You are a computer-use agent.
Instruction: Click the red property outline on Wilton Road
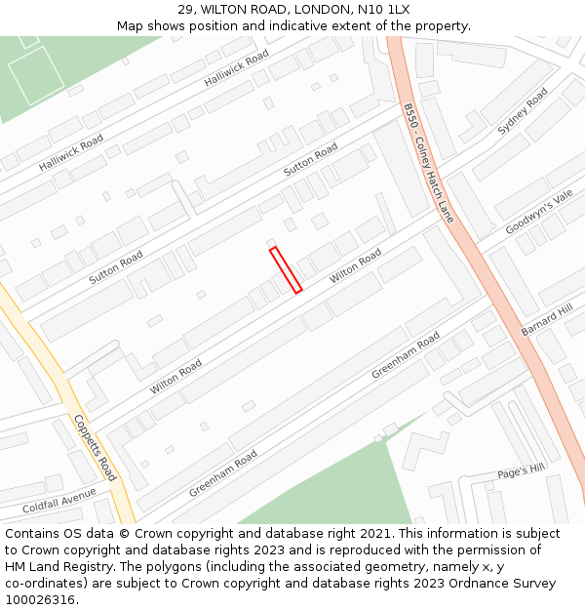(x=286, y=270)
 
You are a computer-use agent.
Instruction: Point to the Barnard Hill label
(x=547, y=320)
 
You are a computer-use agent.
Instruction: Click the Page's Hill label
(x=521, y=470)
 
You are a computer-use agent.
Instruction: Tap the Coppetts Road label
(x=96, y=448)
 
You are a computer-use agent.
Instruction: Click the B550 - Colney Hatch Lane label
(x=429, y=163)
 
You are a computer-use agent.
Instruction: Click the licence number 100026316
(x=40, y=600)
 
